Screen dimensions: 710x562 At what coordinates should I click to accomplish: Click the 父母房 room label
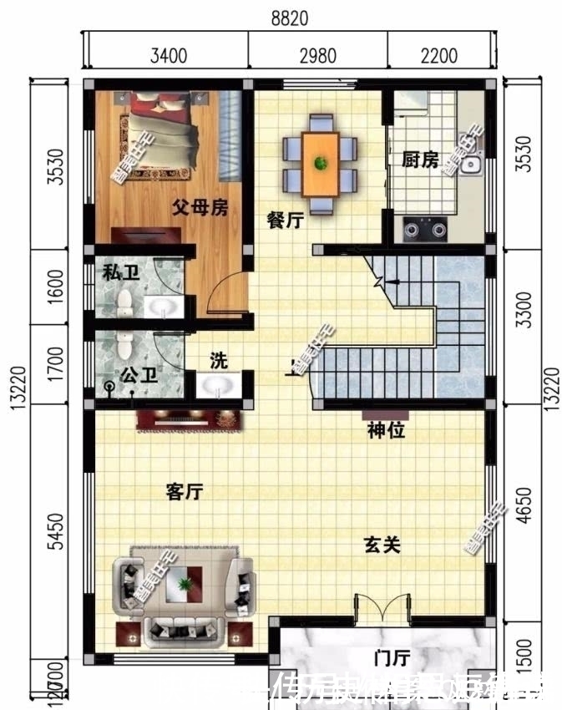coord(200,208)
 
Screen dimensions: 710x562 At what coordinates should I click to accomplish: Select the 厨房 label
coord(419,160)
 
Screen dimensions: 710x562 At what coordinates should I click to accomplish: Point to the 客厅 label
coord(185,492)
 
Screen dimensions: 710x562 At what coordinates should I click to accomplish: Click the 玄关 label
coord(382,545)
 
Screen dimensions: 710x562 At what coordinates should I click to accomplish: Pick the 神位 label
coord(386,432)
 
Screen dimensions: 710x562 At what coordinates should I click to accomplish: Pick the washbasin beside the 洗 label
coord(219,388)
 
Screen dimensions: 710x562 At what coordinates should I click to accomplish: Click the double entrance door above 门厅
coord(382,608)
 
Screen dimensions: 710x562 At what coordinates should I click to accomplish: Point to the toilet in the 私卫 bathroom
coord(124,302)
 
